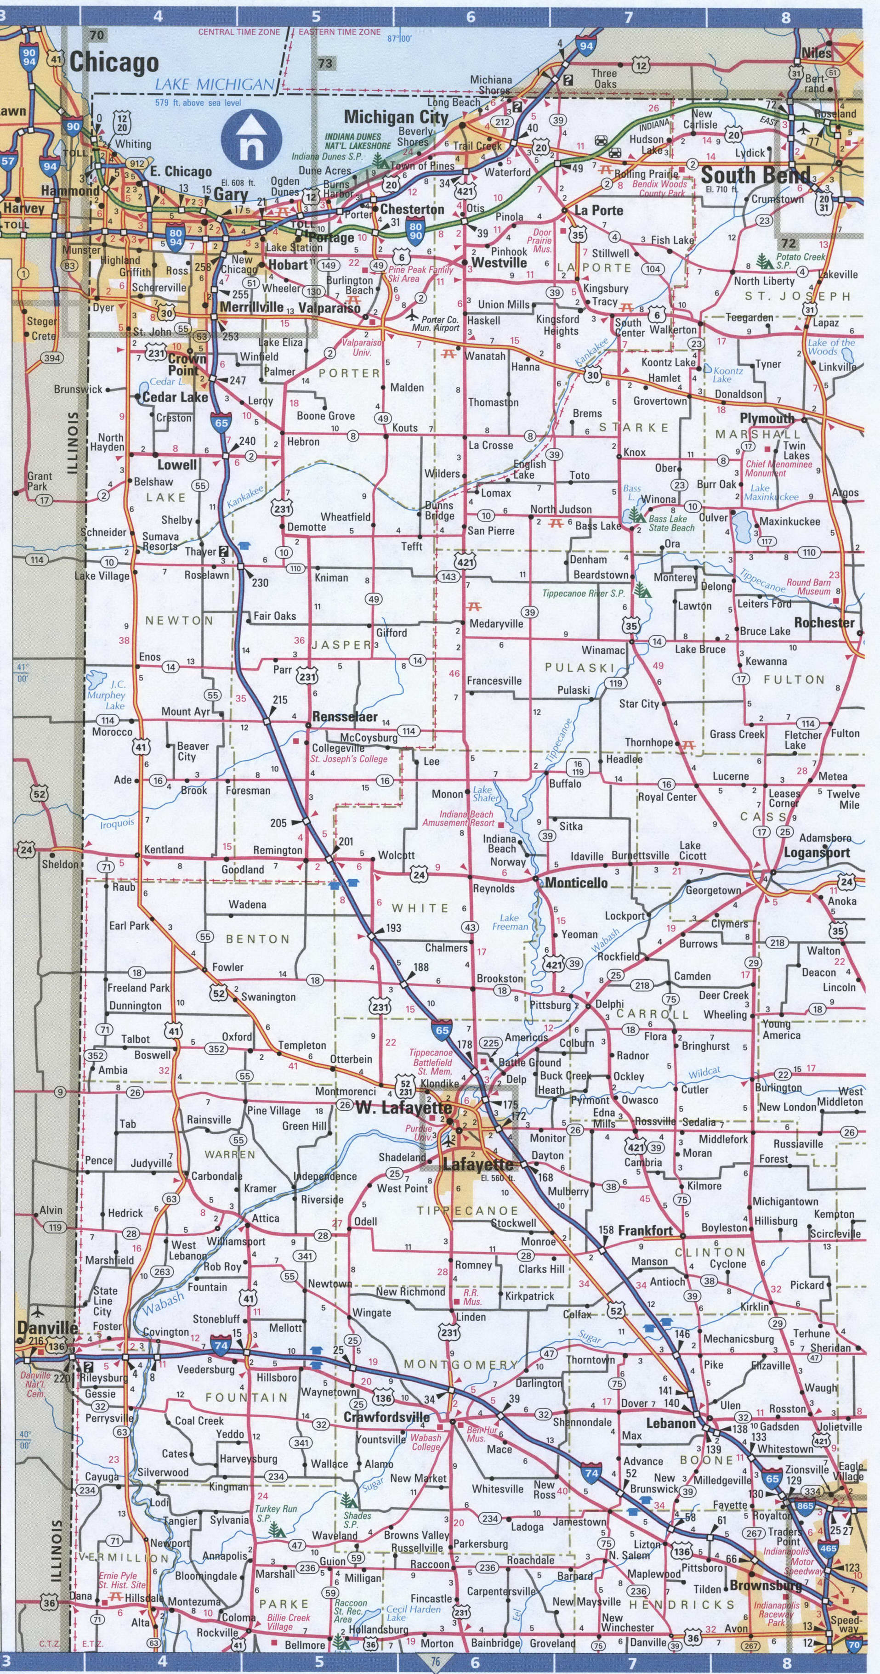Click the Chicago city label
click(x=114, y=63)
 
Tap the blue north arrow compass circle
click(x=251, y=138)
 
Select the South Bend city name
click(x=756, y=175)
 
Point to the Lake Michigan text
click(x=215, y=85)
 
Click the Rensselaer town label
click(x=345, y=717)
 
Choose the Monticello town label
click(x=576, y=882)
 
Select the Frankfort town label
click(x=645, y=1231)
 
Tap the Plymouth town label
click(x=767, y=418)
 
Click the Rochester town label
click(x=823, y=622)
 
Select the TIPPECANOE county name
click(x=468, y=1210)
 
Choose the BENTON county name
click(x=257, y=939)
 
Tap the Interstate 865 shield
click(x=805, y=1506)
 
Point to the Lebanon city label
click(x=671, y=1423)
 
